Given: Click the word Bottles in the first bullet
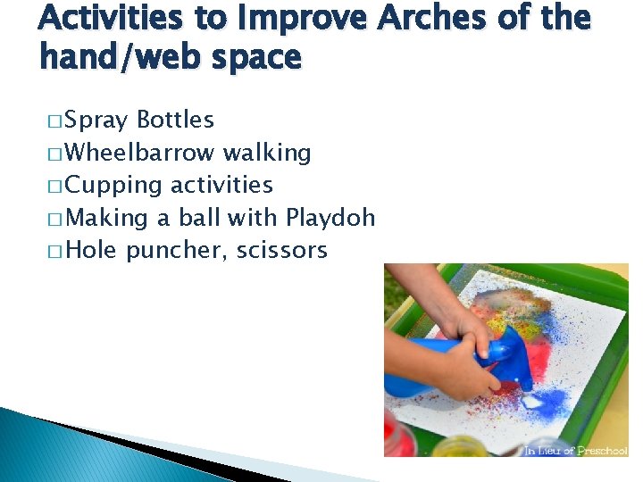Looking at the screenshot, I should (x=175, y=120).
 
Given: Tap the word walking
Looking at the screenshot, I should (x=267, y=153).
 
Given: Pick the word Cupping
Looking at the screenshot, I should (x=113, y=186).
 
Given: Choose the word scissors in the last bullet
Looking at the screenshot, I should (x=281, y=251).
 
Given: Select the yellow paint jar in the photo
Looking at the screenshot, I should (x=460, y=446).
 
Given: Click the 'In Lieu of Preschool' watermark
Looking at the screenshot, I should (x=577, y=450).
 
